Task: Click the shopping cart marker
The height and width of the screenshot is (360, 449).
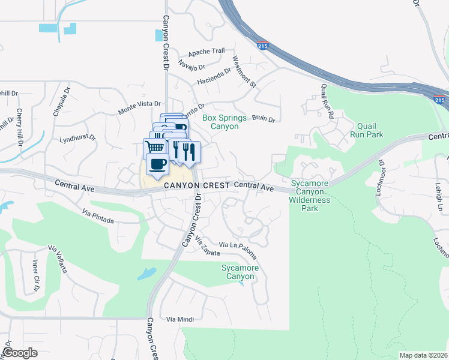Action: (155, 148)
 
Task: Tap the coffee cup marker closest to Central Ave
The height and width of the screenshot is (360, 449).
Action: (157, 164)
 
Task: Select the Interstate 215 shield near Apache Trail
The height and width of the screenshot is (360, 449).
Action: (262, 46)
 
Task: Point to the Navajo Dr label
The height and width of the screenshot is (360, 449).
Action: (192, 64)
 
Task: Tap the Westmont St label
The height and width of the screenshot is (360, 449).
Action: (244, 72)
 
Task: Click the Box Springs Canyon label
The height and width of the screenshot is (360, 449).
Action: (220, 122)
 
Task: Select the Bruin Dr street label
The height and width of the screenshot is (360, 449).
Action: (263, 119)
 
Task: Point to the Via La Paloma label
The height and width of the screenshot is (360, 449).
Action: (238, 245)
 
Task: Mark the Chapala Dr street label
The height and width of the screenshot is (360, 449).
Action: (61, 101)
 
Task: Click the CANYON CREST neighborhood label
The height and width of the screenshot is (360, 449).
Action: (196, 186)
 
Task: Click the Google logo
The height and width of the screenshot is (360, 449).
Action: (20, 352)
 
